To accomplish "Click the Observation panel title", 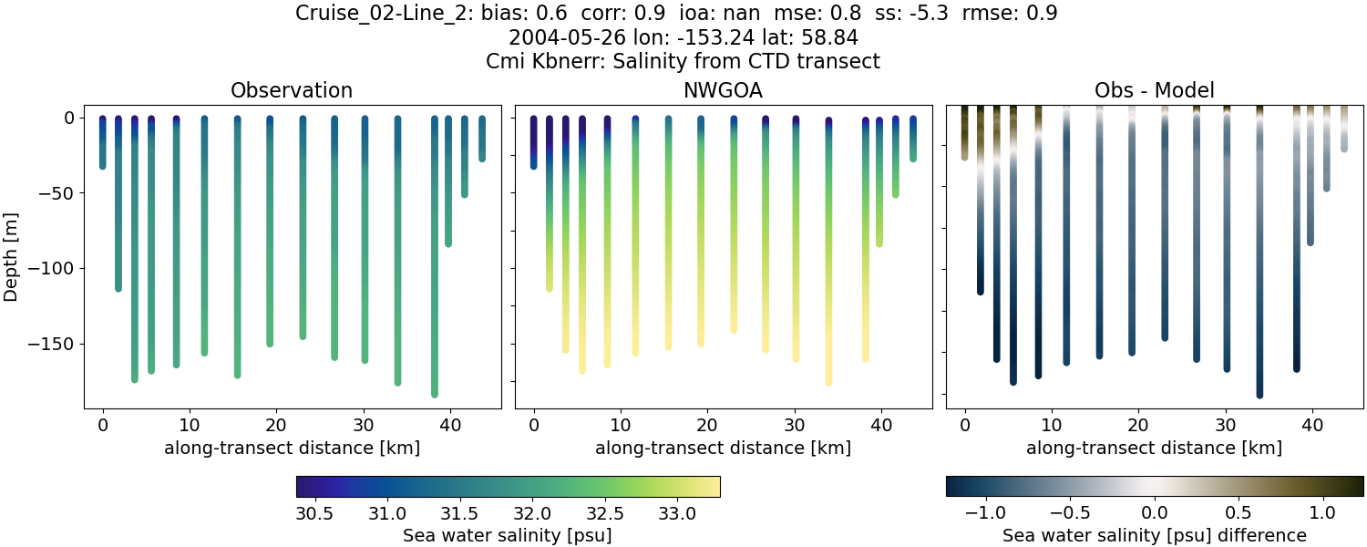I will pos(292,90).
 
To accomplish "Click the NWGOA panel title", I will pos(723,90).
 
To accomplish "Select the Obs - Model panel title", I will pos(1154,90).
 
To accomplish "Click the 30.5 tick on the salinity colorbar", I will pos(314,513).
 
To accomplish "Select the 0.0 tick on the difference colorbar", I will pos(1155,513).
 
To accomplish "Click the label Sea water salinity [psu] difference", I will pos(1154,535).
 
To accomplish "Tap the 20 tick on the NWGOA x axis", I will pos(707,426).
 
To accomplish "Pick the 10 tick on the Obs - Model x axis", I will pos(1052,426).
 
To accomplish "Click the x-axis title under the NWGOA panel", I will pos(723,448).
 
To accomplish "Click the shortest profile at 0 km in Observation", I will pos(103,143).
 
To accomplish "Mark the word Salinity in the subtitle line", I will pos(714,62).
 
